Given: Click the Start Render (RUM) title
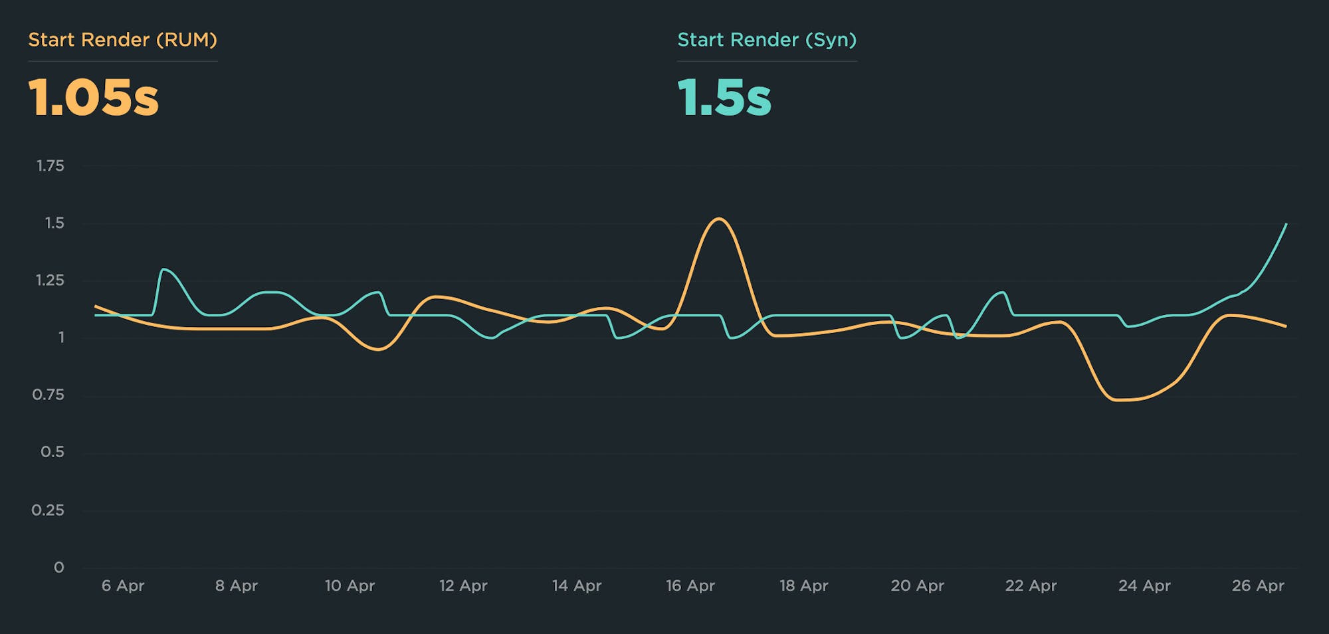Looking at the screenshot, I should [x=122, y=40].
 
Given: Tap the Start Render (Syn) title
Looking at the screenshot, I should [x=767, y=40].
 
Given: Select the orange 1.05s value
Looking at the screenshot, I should [x=94, y=98].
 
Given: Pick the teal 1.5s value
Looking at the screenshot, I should [x=724, y=98].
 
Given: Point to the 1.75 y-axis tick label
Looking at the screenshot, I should [x=51, y=165].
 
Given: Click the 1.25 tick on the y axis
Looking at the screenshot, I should [x=51, y=280].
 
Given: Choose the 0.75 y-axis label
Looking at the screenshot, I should [x=49, y=395].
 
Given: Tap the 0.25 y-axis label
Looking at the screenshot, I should [x=48, y=510].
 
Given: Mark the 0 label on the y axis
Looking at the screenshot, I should [x=59, y=568].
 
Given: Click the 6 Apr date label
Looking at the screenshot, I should [x=123, y=585].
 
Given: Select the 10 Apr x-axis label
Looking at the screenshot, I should [x=350, y=585].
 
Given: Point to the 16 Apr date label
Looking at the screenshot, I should [x=690, y=585].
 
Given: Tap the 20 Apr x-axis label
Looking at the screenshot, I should [x=917, y=585].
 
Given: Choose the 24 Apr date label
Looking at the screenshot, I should [x=1144, y=585].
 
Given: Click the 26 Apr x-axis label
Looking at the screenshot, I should [x=1258, y=585].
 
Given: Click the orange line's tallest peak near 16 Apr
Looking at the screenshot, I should [x=719, y=219].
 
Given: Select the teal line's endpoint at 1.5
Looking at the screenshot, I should [x=1286, y=225].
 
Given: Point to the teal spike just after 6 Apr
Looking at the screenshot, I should [x=164, y=269].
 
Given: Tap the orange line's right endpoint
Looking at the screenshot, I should [x=1286, y=326].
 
